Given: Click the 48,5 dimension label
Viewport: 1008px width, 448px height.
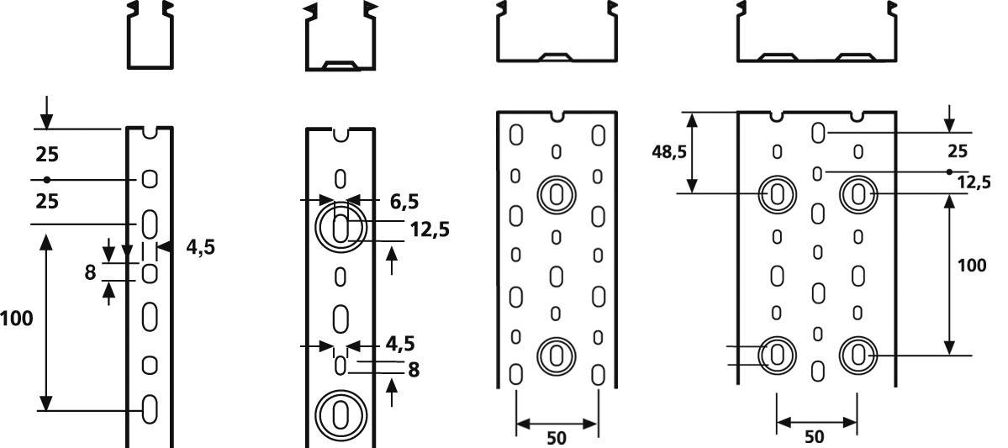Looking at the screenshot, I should click(668, 151).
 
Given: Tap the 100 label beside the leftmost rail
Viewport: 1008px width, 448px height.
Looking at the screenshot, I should click(17, 319).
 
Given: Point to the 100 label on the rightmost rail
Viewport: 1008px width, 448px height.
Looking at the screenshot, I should click(972, 265).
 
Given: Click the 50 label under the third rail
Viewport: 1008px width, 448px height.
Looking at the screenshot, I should click(556, 437).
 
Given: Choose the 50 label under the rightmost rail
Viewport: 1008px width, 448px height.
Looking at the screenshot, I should click(815, 437).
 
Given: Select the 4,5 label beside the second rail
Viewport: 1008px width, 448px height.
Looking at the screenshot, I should click(400, 344).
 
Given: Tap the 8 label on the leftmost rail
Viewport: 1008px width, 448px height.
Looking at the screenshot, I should click(89, 272).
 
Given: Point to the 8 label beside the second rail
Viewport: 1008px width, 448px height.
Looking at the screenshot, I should click(413, 368).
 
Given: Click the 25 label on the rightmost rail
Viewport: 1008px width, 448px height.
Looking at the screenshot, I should click(958, 151).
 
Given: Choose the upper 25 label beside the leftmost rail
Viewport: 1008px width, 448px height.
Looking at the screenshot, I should click(46, 155).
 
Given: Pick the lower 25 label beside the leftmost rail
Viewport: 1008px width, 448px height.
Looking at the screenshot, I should click(46, 202).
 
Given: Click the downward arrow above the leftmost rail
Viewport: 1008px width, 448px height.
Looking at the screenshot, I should click(46, 113).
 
